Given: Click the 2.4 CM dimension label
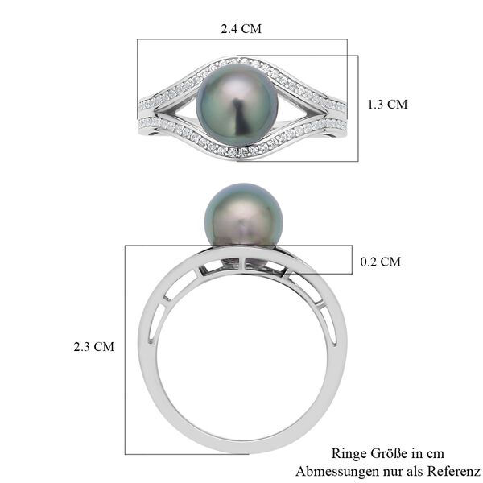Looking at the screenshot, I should tap(242, 28).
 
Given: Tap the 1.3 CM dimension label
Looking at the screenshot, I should tap(387, 105).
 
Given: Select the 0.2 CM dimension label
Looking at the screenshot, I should tap(381, 262).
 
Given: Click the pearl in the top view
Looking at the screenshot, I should tap(242, 105).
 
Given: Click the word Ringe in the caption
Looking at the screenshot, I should tap(349, 453).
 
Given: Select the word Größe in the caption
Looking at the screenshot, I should tap(387, 453).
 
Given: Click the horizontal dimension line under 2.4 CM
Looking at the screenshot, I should tap(242, 39).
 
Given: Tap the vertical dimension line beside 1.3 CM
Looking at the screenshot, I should tap(358, 105).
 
